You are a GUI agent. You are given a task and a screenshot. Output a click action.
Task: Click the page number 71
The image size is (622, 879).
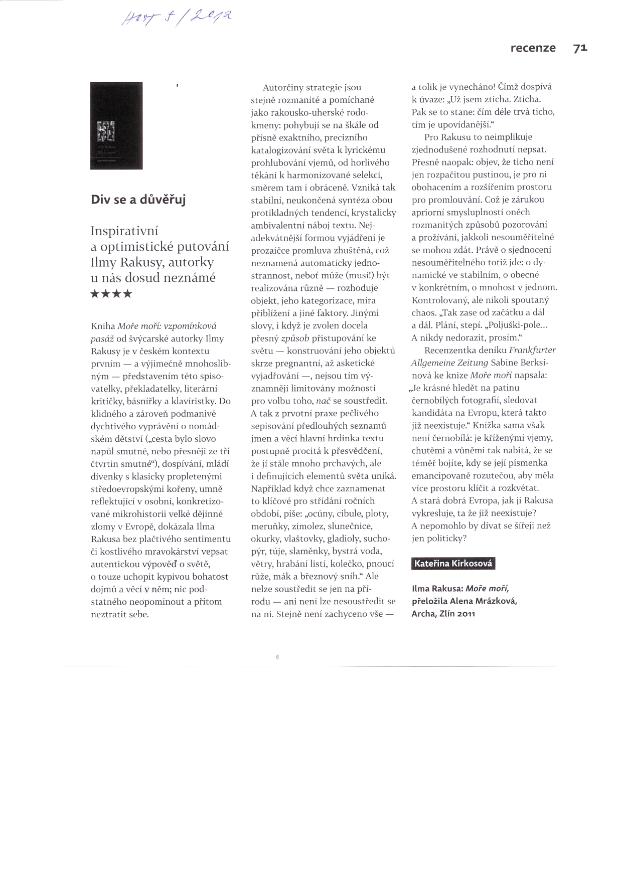[x=580, y=48]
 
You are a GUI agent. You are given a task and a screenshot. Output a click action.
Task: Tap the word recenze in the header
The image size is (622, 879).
[x=533, y=48]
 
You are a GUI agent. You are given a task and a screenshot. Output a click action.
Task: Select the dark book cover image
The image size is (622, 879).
[x=116, y=125]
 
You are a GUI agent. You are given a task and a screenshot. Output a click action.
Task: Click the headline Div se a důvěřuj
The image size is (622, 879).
[x=138, y=200]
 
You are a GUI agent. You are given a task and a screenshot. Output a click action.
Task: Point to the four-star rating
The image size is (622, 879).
[x=111, y=294]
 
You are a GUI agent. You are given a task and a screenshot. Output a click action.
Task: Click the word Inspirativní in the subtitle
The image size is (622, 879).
[x=124, y=231]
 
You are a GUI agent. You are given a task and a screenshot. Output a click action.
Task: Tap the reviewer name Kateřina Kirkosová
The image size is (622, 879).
[x=453, y=564]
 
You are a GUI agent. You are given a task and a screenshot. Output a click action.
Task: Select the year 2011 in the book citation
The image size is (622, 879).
[x=464, y=613]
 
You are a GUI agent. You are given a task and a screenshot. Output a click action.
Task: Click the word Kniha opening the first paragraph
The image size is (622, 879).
[x=103, y=326]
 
